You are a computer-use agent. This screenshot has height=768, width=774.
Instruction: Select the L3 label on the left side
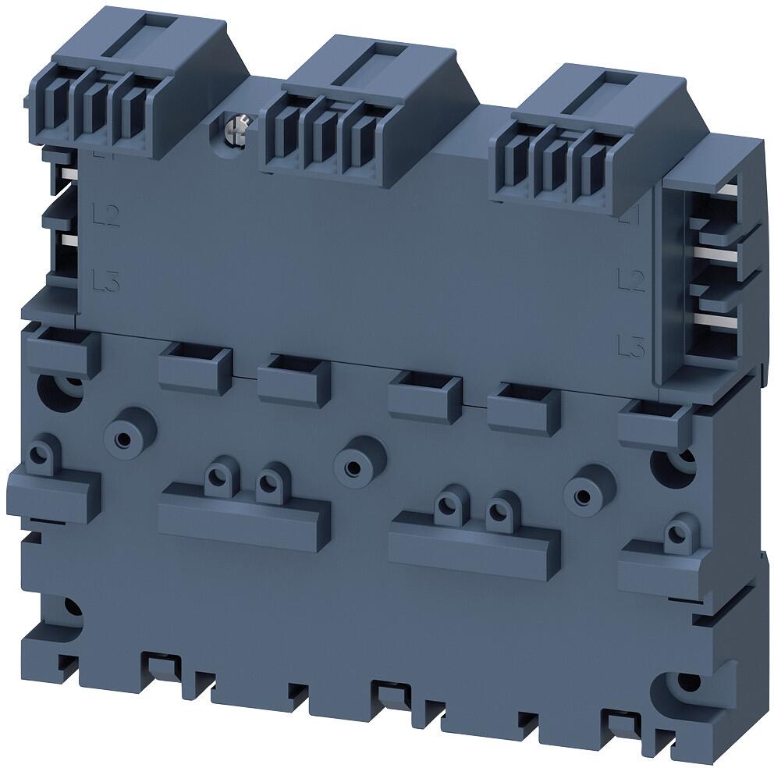(x=105, y=279)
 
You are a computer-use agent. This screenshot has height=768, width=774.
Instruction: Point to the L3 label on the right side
(x=630, y=344)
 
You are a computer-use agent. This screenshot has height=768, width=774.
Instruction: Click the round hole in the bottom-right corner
(x=687, y=682)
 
